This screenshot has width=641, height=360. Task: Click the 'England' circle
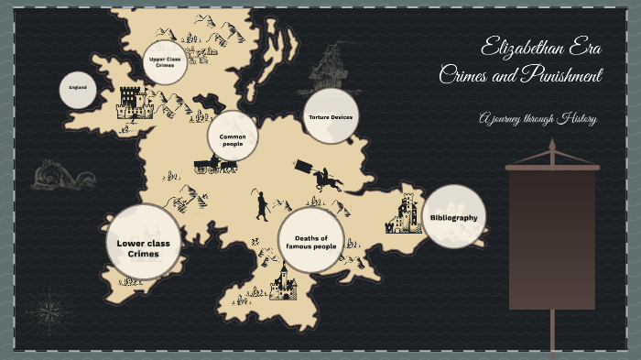click(79, 89)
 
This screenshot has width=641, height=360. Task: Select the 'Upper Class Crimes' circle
click(166, 62)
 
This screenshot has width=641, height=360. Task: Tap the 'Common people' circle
click(233, 136)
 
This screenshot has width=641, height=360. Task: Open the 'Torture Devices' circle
click(329, 116)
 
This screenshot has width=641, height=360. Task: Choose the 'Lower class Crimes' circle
click(143, 242)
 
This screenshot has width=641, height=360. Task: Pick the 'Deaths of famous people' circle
click(310, 242)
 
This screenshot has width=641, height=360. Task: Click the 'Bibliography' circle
click(453, 217)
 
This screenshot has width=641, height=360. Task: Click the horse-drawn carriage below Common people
click(215, 164)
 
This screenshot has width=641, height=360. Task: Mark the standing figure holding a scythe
click(261, 204)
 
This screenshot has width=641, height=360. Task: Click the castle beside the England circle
click(134, 103)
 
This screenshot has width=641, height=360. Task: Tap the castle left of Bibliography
click(404, 213)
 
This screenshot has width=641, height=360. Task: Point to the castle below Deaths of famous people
click(283, 284)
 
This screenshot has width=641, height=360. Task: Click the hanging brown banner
click(551, 238)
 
